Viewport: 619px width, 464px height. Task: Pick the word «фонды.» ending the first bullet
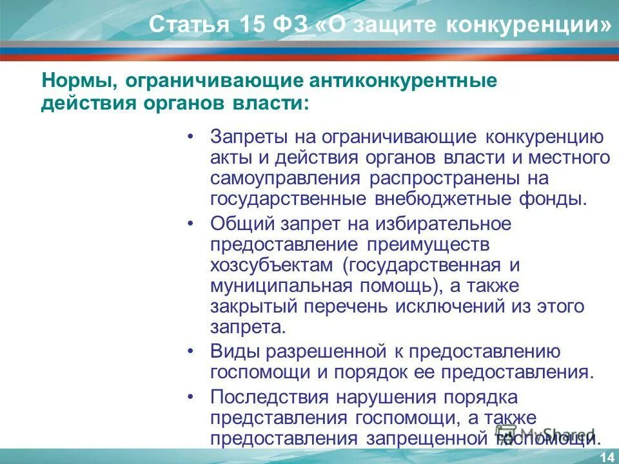pyautogui.click(x=554, y=198)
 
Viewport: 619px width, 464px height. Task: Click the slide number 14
pyautogui.click(x=606, y=457)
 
